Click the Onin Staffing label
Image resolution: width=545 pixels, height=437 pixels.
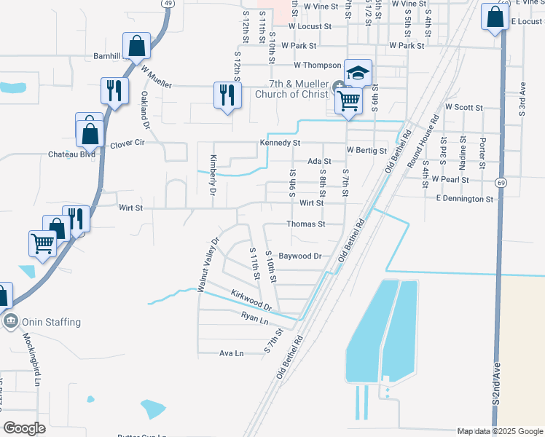tap(51, 322)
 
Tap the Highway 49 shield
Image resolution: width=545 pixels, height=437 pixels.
tap(168, 4)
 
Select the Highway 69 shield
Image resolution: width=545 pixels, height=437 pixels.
tap(501, 181)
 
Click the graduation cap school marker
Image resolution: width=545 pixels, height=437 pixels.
tap(358, 73)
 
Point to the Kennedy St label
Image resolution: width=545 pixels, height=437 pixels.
tap(280, 143)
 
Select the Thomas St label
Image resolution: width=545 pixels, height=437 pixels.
tap(305, 224)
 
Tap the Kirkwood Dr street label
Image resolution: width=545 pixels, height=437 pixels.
tap(251, 299)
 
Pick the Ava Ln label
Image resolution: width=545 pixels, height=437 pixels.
tap(231, 353)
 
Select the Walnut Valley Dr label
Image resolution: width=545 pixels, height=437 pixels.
tap(206, 265)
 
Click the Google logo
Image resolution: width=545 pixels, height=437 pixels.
tap(24, 428)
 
